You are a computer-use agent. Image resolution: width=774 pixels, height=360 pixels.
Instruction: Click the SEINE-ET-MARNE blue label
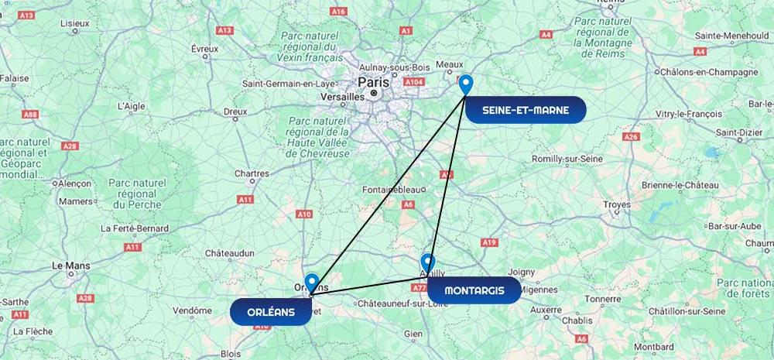(x=526, y=110)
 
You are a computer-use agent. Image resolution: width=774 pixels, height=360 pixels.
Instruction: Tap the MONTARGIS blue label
(x=474, y=290)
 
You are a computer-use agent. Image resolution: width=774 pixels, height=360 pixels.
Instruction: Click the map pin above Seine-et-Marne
(x=465, y=84)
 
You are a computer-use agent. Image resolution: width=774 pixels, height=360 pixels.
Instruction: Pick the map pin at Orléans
(x=312, y=283)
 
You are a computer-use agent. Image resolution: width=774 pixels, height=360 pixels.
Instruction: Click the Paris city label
(x=374, y=81)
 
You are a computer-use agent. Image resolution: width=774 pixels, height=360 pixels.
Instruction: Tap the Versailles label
(x=341, y=97)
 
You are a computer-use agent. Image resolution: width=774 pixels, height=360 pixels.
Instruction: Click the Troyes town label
(x=617, y=204)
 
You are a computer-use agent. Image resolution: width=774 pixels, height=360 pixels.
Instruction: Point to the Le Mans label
(x=70, y=265)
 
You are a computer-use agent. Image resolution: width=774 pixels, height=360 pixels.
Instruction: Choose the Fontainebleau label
(x=394, y=190)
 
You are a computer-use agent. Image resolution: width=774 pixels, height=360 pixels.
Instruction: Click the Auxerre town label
(x=546, y=310)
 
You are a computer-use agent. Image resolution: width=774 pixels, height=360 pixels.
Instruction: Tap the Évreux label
(x=204, y=48)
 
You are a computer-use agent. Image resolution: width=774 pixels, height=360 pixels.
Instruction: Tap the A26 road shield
(x=632, y=136)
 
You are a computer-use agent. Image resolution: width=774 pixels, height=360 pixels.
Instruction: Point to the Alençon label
(x=74, y=183)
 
